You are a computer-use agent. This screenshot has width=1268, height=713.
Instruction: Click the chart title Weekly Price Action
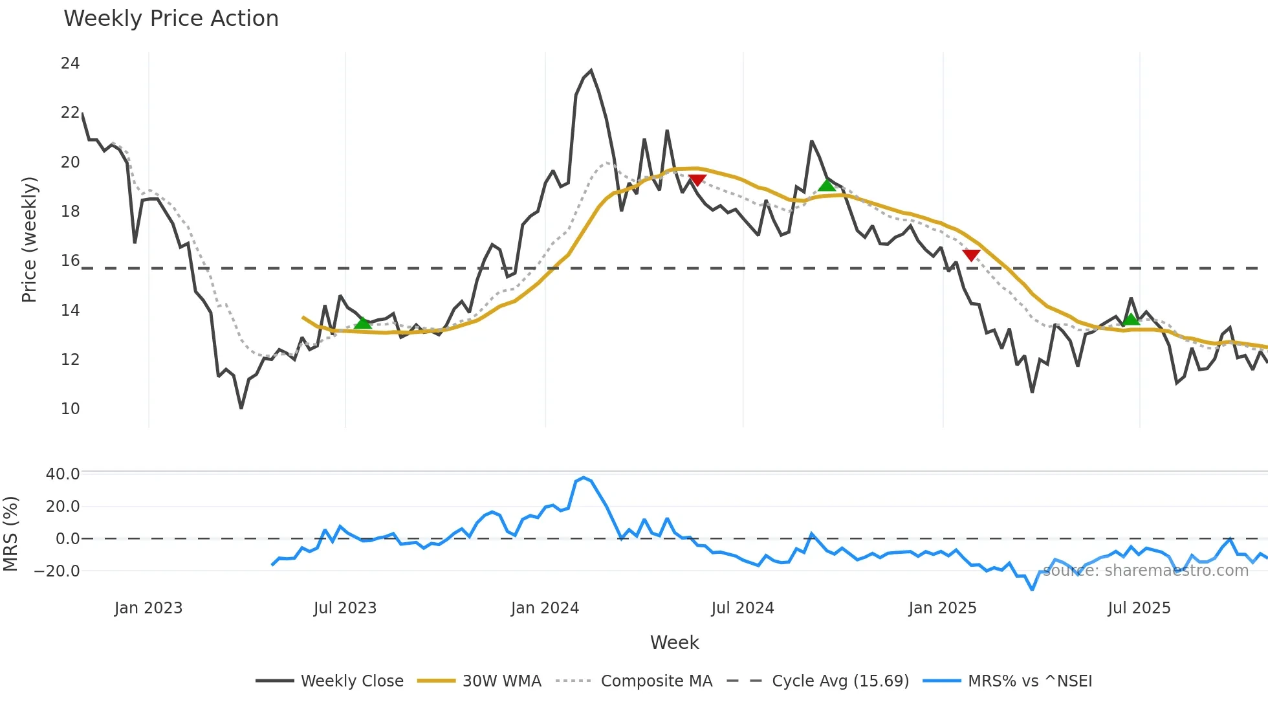pyautogui.click(x=171, y=19)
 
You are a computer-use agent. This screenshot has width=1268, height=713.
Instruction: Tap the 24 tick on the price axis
pyautogui.click(x=70, y=63)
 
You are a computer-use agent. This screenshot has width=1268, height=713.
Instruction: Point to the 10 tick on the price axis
pyautogui.click(x=70, y=409)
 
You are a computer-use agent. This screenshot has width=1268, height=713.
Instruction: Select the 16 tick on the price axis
pyautogui.click(x=70, y=261)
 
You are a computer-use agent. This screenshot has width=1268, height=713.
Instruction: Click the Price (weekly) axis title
pyautogui.click(x=29, y=239)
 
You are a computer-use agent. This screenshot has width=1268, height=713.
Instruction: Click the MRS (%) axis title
pyautogui.click(x=10, y=534)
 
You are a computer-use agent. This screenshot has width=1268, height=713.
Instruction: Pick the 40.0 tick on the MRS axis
pyautogui.click(x=63, y=474)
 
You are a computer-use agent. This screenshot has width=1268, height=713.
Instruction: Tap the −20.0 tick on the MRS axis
pyautogui.click(x=57, y=571)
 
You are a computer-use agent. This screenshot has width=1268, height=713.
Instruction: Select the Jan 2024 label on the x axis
pyautogui.click(x=545, y=608)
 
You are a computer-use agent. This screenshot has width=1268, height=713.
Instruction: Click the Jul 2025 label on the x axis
pyautogui.click(x=1139, y=608)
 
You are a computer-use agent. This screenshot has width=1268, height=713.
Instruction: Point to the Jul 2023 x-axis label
pyautogui.click(x=345, y=608)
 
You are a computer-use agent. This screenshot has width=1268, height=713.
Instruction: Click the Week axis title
pyautogui.click(x=674, y=642)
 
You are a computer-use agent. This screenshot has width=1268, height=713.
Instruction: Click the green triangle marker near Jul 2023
pyautogui.click(x=363, y=323)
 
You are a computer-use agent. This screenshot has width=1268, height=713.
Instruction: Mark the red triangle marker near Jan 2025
pyautogui.click(x=971, y=255)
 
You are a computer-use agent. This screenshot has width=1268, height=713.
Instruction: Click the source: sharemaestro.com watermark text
pyautogui.click(x=1145, y=571)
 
